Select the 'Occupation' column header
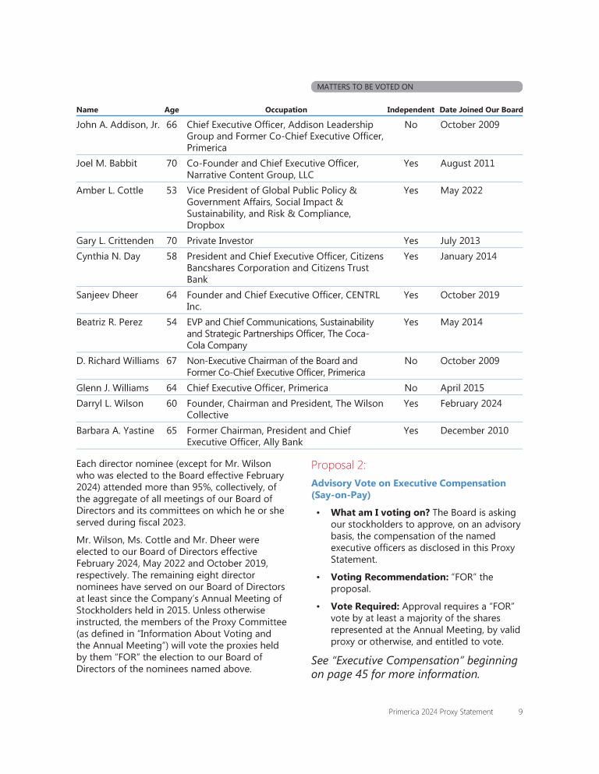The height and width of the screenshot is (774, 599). [x=285, y=110]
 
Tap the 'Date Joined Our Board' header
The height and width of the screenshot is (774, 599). [x=480, y=110]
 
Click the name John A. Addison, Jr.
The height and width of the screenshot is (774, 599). [x=118, y=125]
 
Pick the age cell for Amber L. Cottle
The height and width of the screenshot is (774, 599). [x=172, y=190]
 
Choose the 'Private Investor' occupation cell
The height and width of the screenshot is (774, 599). [x=220, y=241]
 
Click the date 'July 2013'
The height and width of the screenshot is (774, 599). [x=460, y=241]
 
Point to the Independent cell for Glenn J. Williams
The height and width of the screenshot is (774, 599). [x=411, y=388]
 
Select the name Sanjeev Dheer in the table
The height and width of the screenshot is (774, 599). [x=107, y=295]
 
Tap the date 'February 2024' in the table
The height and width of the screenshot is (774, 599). [x=471, y=404]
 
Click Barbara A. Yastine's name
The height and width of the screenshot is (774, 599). [x=115, y=430]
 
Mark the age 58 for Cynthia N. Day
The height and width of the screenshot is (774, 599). [x=172, y=256]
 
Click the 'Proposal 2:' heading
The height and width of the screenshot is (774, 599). [x=338, y=465]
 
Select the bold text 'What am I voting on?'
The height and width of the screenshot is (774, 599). [x=379, y=513]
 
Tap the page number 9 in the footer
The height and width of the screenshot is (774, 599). [x=520, y=712]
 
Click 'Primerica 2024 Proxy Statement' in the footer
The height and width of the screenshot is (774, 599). [x=441, y=712]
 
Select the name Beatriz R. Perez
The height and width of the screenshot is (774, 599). [x=109, y=322]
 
